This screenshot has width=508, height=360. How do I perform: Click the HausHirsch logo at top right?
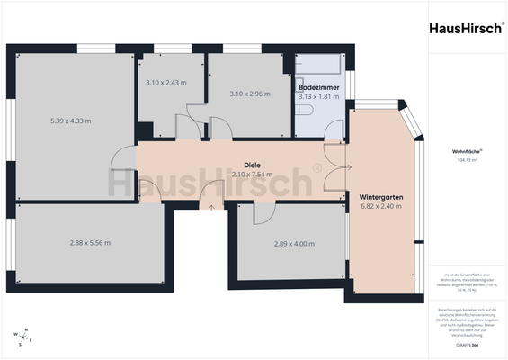click(x=467, y=27)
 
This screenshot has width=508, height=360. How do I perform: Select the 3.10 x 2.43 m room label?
click(x=165, y=83)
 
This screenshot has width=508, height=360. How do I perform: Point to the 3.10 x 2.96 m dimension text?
click(x=249, y=94)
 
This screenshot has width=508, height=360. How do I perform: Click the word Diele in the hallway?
click(x=252, y=165)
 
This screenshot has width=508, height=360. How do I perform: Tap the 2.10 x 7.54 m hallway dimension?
click(x=252, y=175)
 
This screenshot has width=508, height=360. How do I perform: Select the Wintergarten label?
click(x=381, y=196)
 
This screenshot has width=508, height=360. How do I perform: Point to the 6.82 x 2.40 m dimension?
click(x=381, y=206)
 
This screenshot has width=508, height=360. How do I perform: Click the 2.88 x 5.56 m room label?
click(x=91, y=242)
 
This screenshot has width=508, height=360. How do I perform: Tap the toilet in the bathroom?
click(x=305, y=110)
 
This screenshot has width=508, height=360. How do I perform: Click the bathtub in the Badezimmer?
click(x=319, y=67)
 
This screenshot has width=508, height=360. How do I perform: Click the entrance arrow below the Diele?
click(x=212, y=208)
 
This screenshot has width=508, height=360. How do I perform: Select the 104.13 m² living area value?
click(x=467, y=159)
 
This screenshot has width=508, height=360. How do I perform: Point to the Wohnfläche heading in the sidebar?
click(x=466, y=151)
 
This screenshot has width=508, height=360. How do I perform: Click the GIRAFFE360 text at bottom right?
click(x=467, y=346)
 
